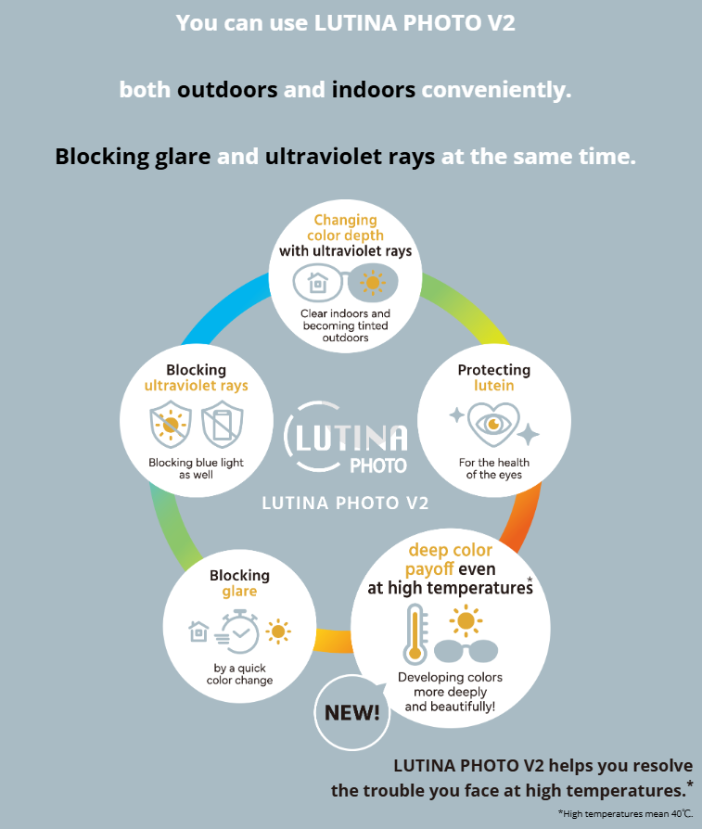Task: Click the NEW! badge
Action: (351, 712)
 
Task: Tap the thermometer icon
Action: (415, 633)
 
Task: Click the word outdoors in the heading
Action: (227, 90)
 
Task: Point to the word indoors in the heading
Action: (373, 90)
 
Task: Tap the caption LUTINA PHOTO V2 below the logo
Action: (345, 504)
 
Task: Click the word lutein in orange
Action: (493, 385)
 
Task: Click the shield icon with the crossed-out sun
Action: (170, 425)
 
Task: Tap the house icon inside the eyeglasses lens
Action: (318, 280)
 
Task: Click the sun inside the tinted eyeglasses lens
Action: (373, 280)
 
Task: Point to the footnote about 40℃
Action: (624, 812)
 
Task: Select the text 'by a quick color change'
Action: (239, 674)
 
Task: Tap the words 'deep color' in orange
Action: (451, 551)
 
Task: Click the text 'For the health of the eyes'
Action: (493, 468)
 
